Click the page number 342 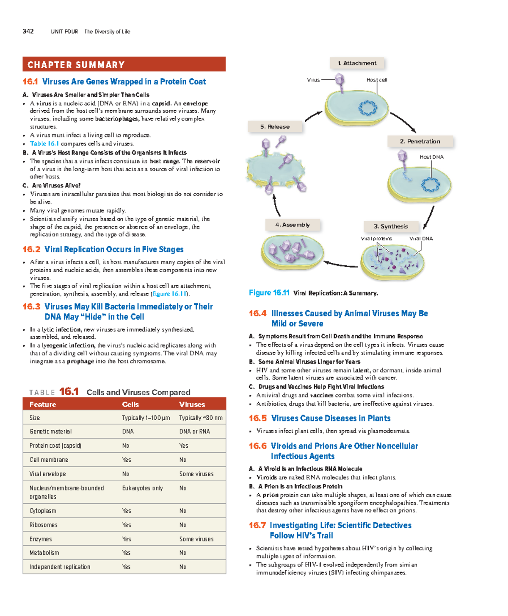click(x=28, y=31)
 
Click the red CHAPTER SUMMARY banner click(x=124, y=64)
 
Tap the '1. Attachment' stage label click(x=357, y=63)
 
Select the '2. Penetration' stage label click(x=420, y=142)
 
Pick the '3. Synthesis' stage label click(x=391, y=226)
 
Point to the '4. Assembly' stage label click(x=292, y=225)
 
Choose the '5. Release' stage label click(x=275, y=127)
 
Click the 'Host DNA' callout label click(x=431, y=157)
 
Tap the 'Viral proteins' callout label click(x=376, y=239)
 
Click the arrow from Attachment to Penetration click(x=403, y=122)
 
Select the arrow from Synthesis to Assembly click(x=341, y=265)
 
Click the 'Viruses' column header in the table click(x=192, y=404)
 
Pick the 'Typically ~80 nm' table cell click(x=201, y=418)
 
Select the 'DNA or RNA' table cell click(x=194, y=432)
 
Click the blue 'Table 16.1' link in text click(x=44, y=144)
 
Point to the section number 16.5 click(x=257, y=418)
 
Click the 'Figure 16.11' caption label click(x=269, y=293)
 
